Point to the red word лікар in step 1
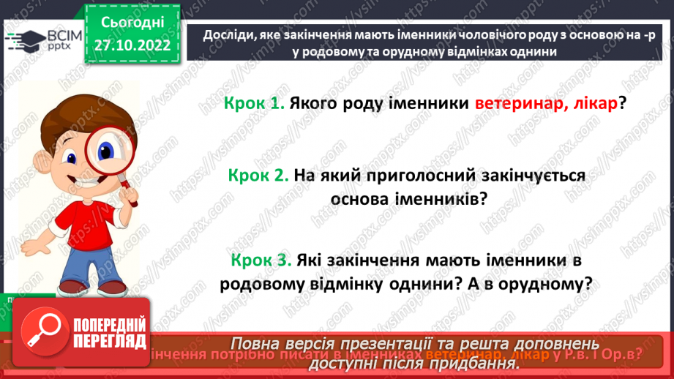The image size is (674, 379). coord(593,104)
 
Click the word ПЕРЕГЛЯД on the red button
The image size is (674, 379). coord(109,340)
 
